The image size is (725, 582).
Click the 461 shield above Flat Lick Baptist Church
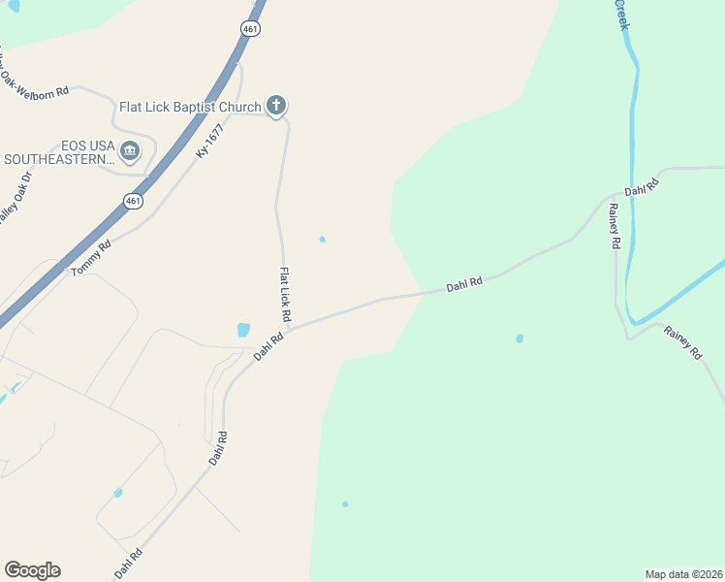251,30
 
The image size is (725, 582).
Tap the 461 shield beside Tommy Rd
133,201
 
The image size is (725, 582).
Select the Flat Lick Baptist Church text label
190,107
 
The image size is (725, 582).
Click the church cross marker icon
276,106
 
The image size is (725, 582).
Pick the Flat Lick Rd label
286,295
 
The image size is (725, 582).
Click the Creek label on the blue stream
621,14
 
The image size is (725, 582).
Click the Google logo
32,570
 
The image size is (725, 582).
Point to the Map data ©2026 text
682,574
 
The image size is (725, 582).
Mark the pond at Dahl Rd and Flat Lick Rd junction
243,330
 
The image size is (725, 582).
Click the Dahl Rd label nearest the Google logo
129,565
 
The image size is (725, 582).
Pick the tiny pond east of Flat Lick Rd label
322,240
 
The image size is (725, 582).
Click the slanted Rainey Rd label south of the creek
682,343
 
